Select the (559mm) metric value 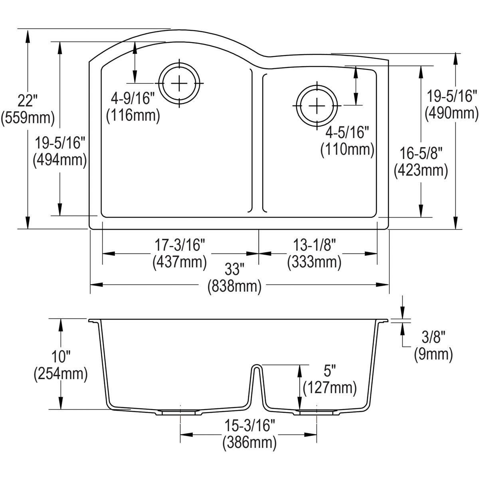[28, 118]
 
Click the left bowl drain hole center [179, 83]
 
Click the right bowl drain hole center [317, 106]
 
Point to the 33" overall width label [234, 270]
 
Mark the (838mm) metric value [234, 286]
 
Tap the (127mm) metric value [329, 388]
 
